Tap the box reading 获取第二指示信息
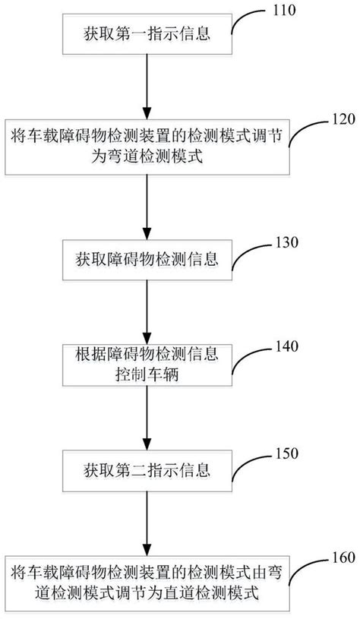point(146,463)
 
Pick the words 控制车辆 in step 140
point(146,374)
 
